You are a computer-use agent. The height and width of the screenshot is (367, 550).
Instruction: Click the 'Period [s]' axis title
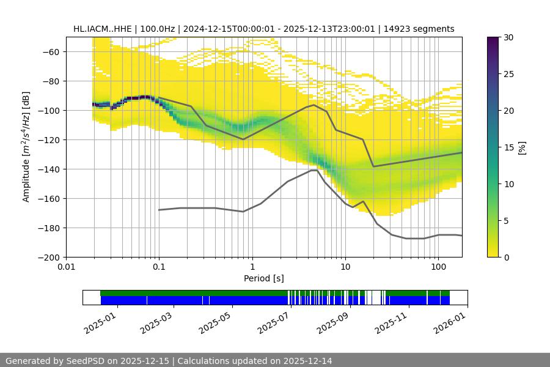(x=264, y=278)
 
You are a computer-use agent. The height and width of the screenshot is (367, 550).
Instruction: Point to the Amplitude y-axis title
(x=26, y=147)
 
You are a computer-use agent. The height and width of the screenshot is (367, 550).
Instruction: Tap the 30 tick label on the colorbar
(x=508, y=37)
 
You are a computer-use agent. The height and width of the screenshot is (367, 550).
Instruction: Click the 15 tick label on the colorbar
(x=508, y=147)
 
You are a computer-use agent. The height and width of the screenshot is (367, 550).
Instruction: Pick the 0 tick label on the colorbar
(x=506, y=257)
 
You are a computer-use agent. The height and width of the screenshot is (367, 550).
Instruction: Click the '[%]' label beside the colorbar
(x=522, y=147)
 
